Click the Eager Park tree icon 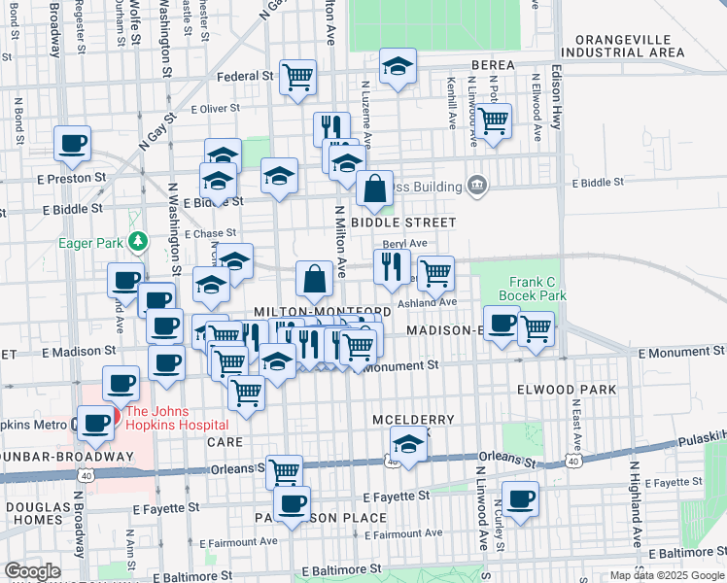139,239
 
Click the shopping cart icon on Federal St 298,76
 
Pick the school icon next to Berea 397,65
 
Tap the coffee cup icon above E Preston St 73,143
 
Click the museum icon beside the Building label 476,185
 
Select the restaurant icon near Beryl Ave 392,265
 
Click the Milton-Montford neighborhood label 322,311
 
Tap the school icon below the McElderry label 409,445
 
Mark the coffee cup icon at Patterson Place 293,502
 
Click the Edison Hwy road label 557,97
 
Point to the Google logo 33,570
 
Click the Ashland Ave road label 432,302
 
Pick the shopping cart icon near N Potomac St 494,120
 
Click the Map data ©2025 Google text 667,575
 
